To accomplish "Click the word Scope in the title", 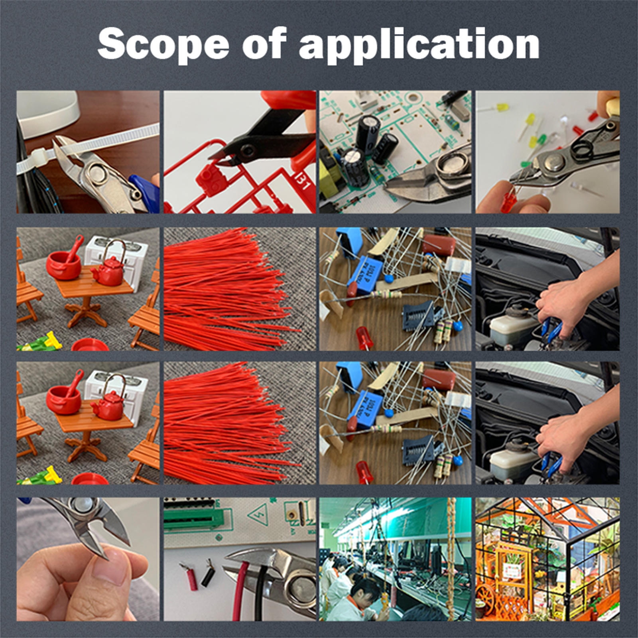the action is tap(163, 44).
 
